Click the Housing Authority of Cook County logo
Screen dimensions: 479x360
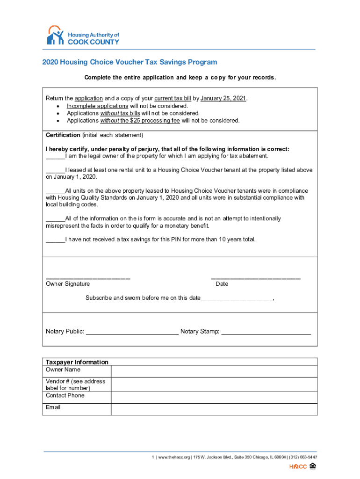(83, 36)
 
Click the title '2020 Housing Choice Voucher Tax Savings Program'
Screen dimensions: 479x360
(130, 62)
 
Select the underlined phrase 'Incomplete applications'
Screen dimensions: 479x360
(97, 106)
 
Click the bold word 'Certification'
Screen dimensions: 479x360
(63, 135)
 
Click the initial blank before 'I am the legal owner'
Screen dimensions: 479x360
(55, 157)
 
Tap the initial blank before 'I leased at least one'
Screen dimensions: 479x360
(55, 171)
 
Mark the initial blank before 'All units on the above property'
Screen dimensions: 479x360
(55, 191)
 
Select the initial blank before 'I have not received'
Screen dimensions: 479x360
(55, 240)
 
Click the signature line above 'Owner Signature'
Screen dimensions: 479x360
(88, 278)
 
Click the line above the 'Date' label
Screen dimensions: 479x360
(256, 278)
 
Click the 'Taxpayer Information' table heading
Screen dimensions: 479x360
(77, 362)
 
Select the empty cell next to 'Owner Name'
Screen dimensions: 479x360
(214, 371)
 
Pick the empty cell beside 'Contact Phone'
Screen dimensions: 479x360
(214, 397)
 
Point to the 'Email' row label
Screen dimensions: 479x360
(53, 407)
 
